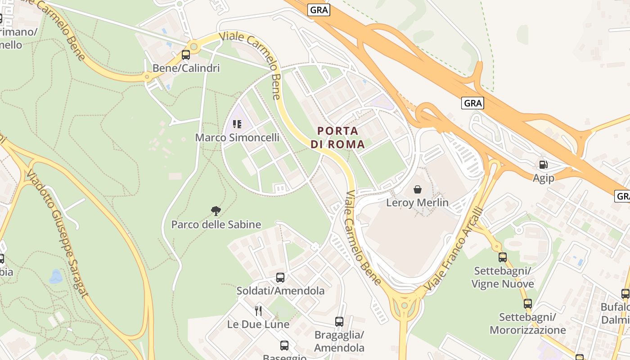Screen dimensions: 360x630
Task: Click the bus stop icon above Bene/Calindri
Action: coord(185,55)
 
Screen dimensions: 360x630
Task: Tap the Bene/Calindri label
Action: coord(186,68)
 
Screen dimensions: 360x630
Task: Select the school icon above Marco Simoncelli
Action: coord(237,124)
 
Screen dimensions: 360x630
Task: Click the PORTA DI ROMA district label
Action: coord(337,138)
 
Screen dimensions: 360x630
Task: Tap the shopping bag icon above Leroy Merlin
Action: coord(418,189)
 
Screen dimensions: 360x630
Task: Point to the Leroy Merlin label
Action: coord(418,202)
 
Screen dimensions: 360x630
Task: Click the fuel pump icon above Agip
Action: coord(544,165)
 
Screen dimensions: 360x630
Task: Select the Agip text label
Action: coord(544,178)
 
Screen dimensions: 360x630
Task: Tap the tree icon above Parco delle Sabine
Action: coord(216,211)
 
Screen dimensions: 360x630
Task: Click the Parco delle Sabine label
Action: coord(216,224)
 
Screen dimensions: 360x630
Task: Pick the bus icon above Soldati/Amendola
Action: coord(280,277)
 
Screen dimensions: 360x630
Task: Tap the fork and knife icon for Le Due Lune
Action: coord(258,310)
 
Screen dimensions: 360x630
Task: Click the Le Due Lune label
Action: coord(258,324)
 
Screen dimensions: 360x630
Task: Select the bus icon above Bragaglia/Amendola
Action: coord(339,322)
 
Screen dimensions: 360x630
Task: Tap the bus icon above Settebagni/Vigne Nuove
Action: coord(503,257)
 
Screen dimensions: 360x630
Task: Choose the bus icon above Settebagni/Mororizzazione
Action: coord(528,304)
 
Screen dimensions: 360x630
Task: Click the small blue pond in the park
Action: coord(56,276)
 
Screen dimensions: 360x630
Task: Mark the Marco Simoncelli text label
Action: coord(237,138)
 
